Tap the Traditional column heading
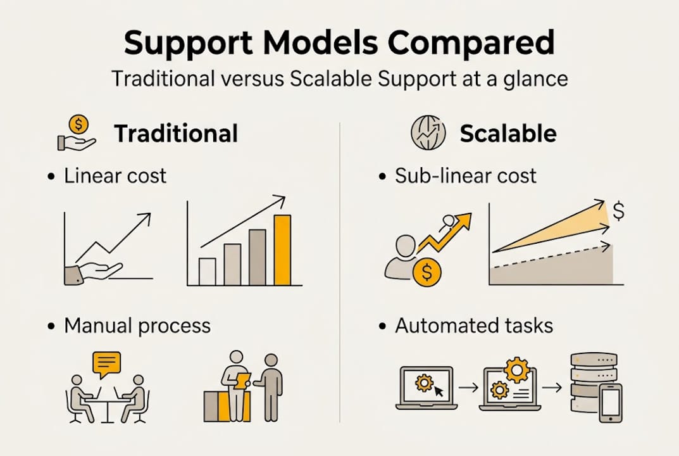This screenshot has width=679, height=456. pyautogui.click(x=176, y=134)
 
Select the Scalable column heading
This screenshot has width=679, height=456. pyautogui.click(x=508, y=134)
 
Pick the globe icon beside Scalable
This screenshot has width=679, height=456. pyautogui.click(x=428, y=133)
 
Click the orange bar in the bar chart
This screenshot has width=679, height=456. pyautogui.click(x=282, y=250)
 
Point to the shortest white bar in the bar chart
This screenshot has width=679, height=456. pyautogui.click(x=207, y=271)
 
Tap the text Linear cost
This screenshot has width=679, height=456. pyautogui.click(x=115, y=175)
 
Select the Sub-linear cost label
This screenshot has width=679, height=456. pyautogui.click(x=466, y=175)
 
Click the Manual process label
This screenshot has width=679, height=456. pyautogui.click(x=137, y=326)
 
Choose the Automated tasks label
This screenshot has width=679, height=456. pyautogui.click(x=474, y=326)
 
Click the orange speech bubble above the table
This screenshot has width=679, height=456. pyautogui.click(x=106, y=364)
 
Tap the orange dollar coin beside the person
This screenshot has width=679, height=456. pyautogui.click(x=427, y=272)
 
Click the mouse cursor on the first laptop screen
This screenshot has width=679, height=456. pyautogui.click(x=438, y=391)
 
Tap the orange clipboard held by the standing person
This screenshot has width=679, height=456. pyautogui.click(x=243, y=380)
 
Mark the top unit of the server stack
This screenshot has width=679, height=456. pyautogui.click(x=594, y=358)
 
